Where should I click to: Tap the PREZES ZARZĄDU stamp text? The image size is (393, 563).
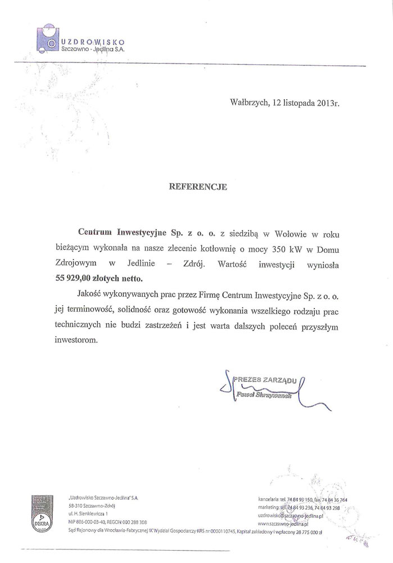[x=265, y=381]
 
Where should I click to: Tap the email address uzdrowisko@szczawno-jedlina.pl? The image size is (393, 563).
[x=291, y=515]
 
